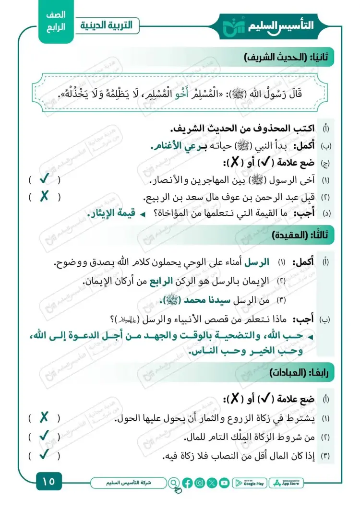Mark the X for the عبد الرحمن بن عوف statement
tap(45, 197)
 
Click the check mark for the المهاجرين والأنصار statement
tap(45, 180)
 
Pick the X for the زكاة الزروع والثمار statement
tap(45, 418)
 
